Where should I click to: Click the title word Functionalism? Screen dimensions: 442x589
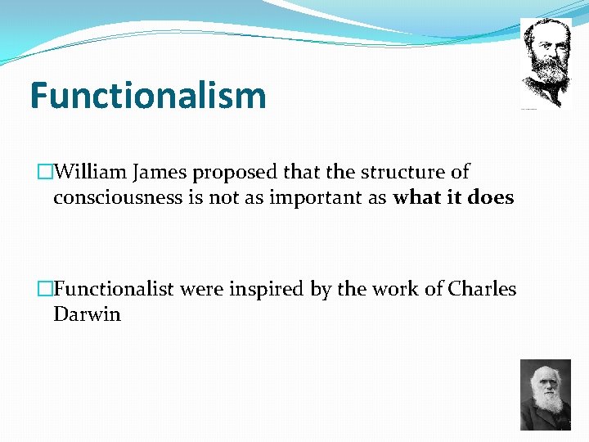coord(148,95)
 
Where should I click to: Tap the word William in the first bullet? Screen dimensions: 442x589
coord(92,173)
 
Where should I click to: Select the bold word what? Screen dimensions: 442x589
coord(417,198)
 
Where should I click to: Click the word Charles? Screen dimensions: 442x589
coord(482,289)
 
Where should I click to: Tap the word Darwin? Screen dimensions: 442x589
coord(87,314)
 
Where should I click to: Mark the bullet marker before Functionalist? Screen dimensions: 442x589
coord(46,290)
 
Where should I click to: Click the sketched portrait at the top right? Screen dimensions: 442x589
coord(546,61)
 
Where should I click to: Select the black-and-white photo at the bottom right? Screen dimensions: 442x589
coord(546,395)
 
